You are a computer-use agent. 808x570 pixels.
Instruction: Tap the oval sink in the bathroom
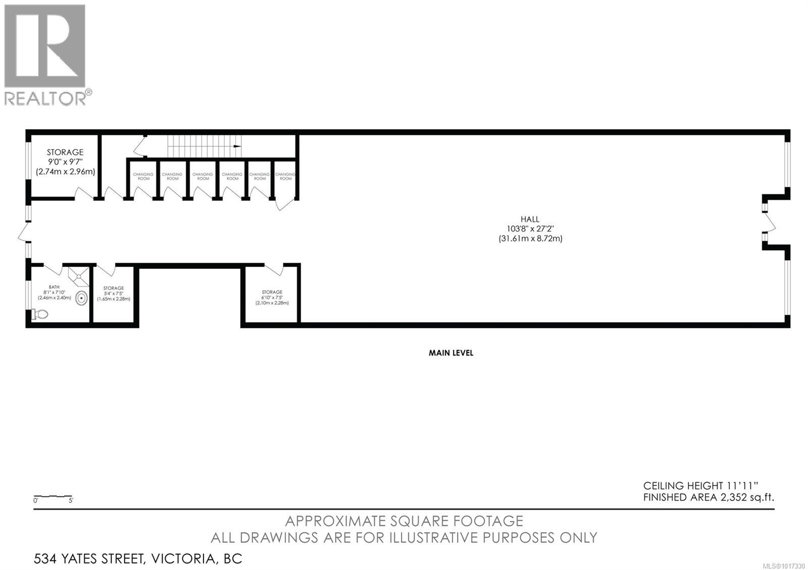pyautogui.click(x=81, y=299)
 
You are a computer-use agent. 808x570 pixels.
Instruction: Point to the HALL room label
pyautogui.click(x=530, y=219)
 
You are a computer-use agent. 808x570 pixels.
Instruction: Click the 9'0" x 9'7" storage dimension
pyautogui.click(x=65, y=162)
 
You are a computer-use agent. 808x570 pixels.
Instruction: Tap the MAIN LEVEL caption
pyautogui.click(x=451, y=353)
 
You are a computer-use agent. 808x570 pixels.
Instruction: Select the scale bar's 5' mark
pyautogui.click(x=71, y=501)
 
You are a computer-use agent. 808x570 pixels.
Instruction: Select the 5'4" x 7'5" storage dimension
pyautogui.click(x=114, y=294)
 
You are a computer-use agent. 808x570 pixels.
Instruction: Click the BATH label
pyautogui.click(x=54, y=287)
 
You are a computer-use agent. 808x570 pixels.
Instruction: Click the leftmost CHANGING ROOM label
pyautogui.click(x=143, y=176)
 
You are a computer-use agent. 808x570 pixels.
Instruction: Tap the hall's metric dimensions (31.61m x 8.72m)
pyautogui.click(x=530, y=239)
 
